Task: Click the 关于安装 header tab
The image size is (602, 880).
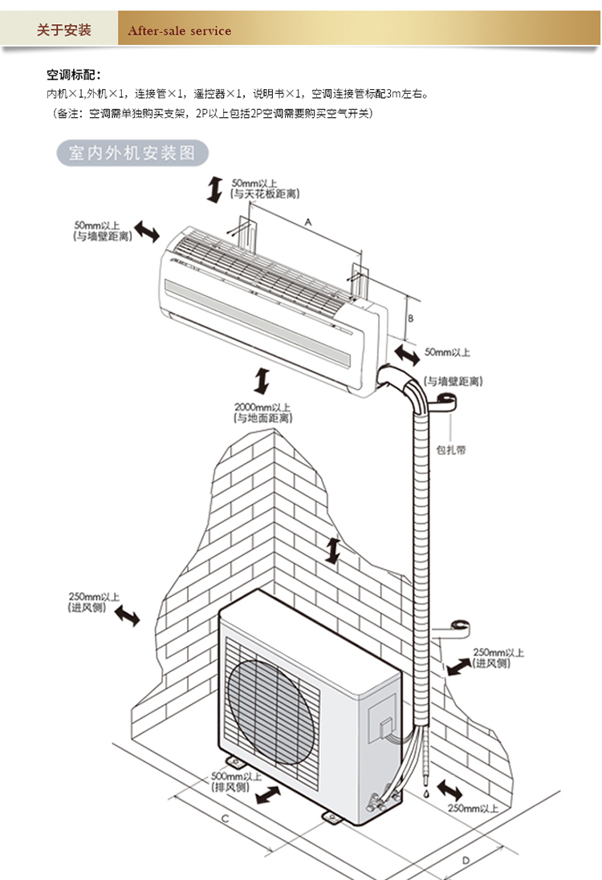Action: coord(64,30)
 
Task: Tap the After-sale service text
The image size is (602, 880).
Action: coord(179,31)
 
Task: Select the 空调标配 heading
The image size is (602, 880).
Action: coord(74,75)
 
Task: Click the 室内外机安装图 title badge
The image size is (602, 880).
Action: coord(132,153)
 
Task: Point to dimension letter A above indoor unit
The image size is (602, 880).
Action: coord(307,220)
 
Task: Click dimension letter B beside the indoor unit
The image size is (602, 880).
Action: coord(410,318)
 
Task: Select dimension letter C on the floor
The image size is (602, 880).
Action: coord(226,819)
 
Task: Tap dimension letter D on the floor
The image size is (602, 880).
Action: coord(466,860)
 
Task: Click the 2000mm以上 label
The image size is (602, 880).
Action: coord(262,407)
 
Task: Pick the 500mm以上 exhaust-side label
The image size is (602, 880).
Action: coord(236,777)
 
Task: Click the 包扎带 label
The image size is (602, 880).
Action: coord(451,450)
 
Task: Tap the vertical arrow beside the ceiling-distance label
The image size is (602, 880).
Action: coord(214,189)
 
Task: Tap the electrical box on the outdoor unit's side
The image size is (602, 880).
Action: coord(380,720)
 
